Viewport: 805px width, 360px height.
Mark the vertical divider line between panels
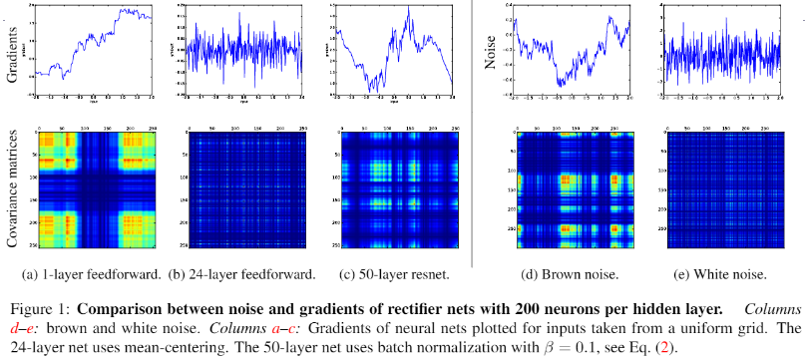pos(471,130)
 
